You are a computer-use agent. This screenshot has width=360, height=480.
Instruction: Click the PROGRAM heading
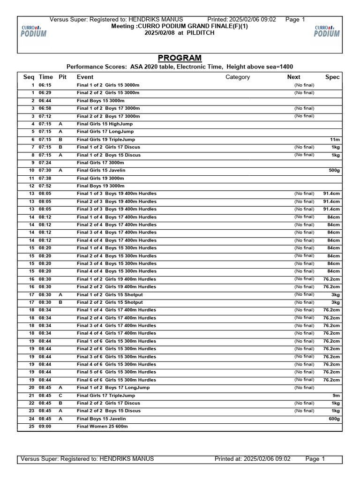click(180, 58)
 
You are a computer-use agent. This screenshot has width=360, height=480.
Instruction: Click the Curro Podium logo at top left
click(34, 31)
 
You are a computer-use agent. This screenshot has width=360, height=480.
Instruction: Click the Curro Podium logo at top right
click(327, 31)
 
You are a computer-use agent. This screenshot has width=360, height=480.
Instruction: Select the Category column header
click(238, 77)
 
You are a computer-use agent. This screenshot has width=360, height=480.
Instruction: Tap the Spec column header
click(332, 77)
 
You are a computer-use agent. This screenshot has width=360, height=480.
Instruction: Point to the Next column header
click(294, 77)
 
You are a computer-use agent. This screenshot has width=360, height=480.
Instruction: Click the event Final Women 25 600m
click(102, 427)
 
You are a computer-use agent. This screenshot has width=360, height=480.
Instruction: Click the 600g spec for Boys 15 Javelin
click(334, 419)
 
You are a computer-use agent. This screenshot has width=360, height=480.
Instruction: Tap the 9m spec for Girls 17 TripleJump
click(336, 396)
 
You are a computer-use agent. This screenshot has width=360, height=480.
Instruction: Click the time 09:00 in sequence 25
click(45, 427)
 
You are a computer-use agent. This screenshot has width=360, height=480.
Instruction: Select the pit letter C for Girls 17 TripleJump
click(60, 396)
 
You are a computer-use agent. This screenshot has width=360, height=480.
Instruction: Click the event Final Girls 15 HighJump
click(105, 124)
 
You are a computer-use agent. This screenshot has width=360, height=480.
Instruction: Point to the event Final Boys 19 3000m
click(101, 186)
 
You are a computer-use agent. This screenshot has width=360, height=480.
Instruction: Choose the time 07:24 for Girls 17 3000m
click(45, 163)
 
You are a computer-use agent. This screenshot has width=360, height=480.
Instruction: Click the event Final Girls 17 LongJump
click(105, 132)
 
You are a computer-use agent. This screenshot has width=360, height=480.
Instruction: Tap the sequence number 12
click(32, 186)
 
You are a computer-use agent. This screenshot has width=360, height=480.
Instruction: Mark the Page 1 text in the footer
click(315, 459)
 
